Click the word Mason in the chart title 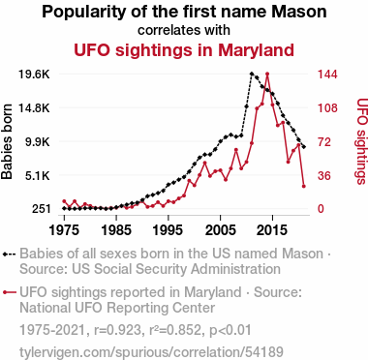coord(298,12)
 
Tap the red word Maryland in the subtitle coord(256,50)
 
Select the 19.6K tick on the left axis coord(34,75)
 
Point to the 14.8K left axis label coord(34,108)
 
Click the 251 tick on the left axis coord(41,209)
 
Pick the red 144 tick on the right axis coord(327,75)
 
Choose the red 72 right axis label coord(324,141)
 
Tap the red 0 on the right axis coord(321,209)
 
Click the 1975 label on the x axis coord(64,230)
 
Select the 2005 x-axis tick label coord(220,230)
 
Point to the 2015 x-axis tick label coord(272,230)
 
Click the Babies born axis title coord(7,141)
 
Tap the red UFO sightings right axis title coord(362,141)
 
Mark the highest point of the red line coord(267,75)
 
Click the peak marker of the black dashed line coord(252,74)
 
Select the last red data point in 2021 coord(304,186)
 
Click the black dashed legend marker coord(9,255)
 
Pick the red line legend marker coord(9,292)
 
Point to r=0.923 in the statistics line coord(117,330)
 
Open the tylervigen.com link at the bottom coord(151,352)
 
